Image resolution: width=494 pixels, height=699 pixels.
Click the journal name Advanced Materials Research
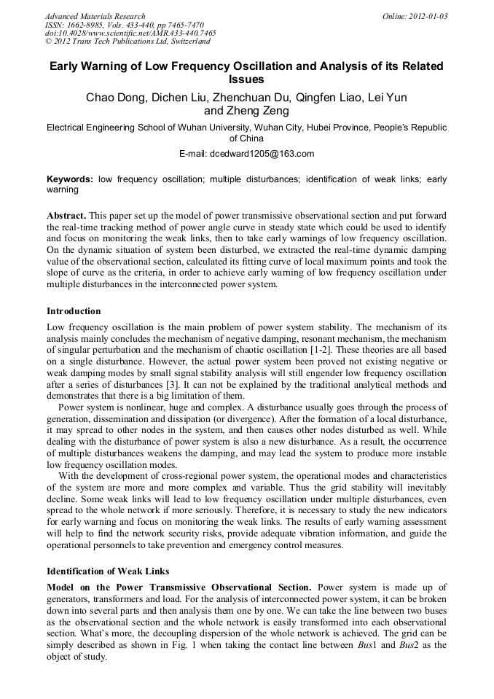(95, 16)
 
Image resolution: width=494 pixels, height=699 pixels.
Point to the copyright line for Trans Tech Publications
(128, 42)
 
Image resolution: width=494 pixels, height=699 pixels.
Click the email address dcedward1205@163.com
(262, 154)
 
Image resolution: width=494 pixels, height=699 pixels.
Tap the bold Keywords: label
(70, 179)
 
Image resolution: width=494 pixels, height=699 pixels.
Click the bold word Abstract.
(67, 216)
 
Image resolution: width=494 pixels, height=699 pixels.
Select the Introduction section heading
(74, 311)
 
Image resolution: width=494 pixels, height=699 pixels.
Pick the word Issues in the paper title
(246, 79)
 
